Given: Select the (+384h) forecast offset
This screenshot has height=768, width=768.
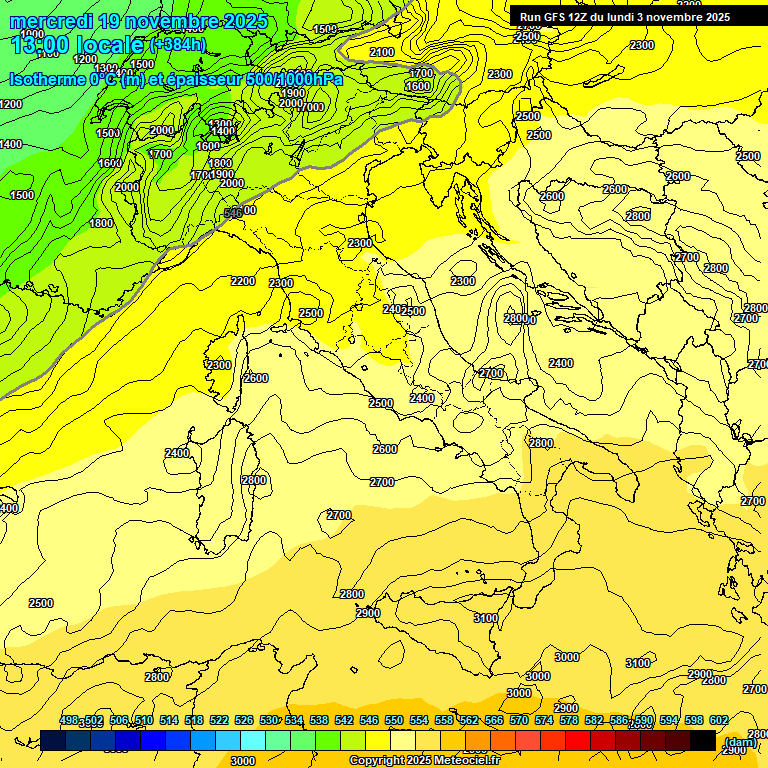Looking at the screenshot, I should pos(178,45).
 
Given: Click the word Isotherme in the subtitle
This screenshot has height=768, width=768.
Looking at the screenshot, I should pos(48,79).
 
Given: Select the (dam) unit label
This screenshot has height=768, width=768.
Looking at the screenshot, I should pos(739,742).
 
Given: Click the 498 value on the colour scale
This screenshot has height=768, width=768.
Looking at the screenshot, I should pos(69,720).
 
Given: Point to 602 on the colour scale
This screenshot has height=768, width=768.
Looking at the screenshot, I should pos(719,720).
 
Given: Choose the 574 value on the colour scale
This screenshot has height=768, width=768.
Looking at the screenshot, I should pos(544,720).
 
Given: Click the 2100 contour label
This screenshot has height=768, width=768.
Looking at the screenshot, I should pos(381,52).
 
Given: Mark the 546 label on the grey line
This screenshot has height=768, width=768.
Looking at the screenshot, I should pos(233,212).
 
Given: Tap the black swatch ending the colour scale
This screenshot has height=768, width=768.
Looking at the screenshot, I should pos(702,740).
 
